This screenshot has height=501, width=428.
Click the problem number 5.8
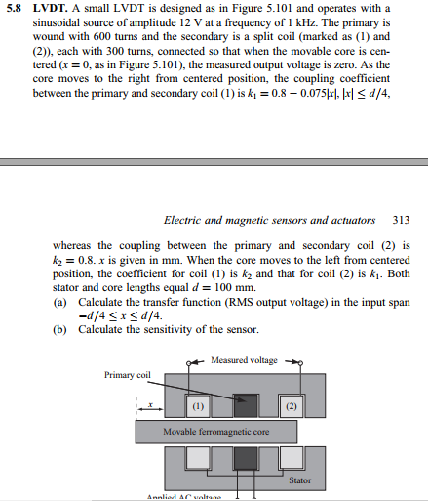pyautogui.click(x=14, y=10)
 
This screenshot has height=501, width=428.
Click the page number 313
pyautogui.click(x=402, y=222)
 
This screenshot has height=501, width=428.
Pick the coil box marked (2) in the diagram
pyautogui.click(x=292, y=404)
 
